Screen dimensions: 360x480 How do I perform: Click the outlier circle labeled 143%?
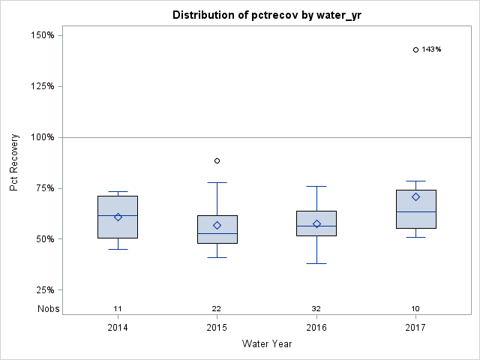point(415,49)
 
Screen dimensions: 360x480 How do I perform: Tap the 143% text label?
point(431,49)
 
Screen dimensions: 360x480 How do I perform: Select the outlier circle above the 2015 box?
point(217,160)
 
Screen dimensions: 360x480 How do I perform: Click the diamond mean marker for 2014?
point(118,217)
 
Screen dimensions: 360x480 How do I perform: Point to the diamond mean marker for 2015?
point(217,225)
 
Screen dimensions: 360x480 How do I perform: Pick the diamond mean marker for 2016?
point(316,223)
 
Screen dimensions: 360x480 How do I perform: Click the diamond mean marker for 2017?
point(415,196)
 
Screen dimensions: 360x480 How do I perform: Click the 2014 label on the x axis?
point(118,328)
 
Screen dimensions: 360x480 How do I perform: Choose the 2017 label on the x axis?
point(415,328)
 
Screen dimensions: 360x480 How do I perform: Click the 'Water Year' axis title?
point(267,344)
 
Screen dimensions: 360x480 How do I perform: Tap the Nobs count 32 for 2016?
point(316,309)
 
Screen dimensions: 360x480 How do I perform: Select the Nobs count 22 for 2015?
point(217,309)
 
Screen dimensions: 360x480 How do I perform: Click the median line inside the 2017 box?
point(415,212)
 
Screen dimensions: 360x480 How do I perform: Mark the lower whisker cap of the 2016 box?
point(316,263)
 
